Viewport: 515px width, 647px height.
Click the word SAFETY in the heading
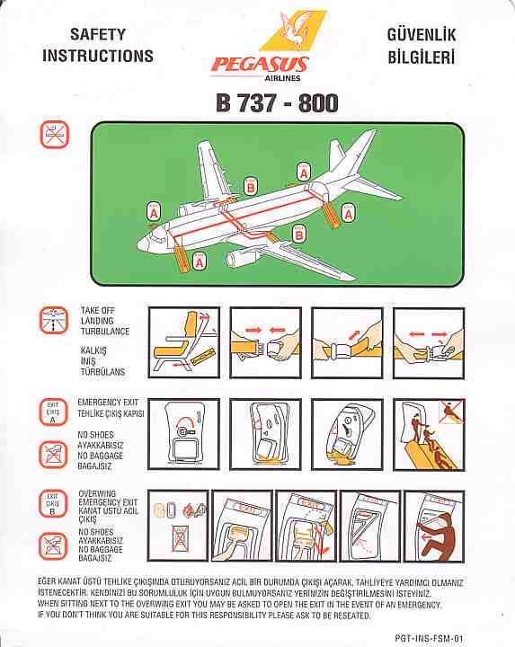tap(98, 34)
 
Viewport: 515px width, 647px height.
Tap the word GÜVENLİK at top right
tap(422, 34)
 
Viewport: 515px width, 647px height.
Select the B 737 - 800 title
tap(277, 102)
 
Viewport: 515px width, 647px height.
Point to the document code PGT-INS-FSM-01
tap(429, 638)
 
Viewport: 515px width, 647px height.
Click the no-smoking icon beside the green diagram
tap(54, 135)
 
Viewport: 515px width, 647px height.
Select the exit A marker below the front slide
tap(200, 261)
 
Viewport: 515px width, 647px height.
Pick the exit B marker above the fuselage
tap(250, 187)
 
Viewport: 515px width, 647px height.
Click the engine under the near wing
tap(241, 258)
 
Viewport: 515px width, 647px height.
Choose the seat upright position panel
tap(183, 342)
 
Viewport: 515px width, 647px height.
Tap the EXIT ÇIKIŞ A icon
tap(53, 412)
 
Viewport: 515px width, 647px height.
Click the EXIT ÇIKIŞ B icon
tap(52, 504)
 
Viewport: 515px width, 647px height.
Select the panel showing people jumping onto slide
tap(430, 435)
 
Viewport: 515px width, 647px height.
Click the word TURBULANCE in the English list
tap(105, 332)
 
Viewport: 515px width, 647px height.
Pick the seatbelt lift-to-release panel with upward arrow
tap(347, 342)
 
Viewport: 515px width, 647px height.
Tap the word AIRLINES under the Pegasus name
tap(283, 77)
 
